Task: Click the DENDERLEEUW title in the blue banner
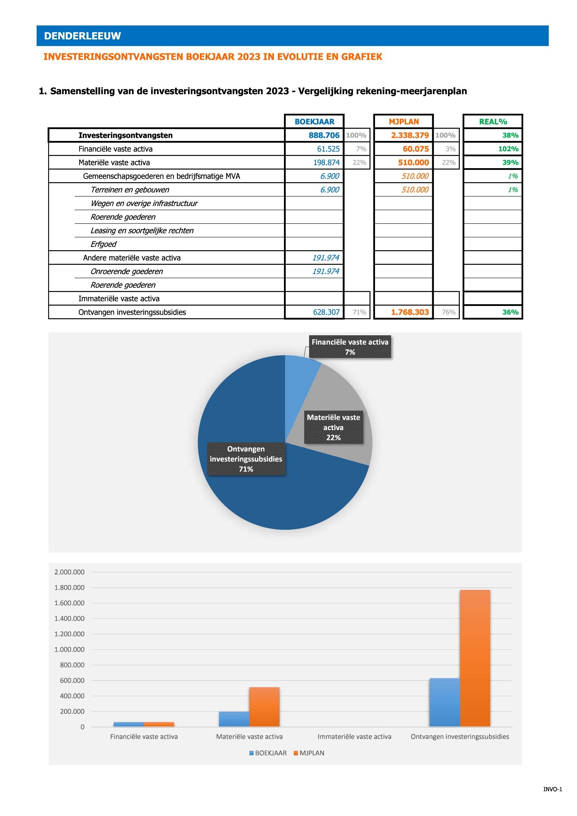click(x=82, y=36)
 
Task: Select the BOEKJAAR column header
click(x=314, y=121)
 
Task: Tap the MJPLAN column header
click(x=404, y=121)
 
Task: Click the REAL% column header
click(x=493, y=121)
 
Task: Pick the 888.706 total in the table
click(x=324, y=135)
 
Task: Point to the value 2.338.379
click(x=410, y=135)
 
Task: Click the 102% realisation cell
click(x=508, y=149)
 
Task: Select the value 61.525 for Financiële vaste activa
click(x=328, y=149)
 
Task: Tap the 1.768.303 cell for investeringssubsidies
click(x=410, y=312)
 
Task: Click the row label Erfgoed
click(x=103, y=244)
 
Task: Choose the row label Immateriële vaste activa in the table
click(x=119, y=299)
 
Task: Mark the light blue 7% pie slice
click(x=301, y=377)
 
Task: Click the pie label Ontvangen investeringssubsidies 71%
click(x=246, y=459)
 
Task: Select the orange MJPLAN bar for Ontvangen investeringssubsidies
click(x=475, y=658)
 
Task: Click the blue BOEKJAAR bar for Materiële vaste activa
click(x=234, y=719)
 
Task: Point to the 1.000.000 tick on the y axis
click(x=69, y=649)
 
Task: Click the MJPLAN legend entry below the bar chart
click(x=309, y=753)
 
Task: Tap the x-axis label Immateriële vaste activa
click(x=354, y=737)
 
